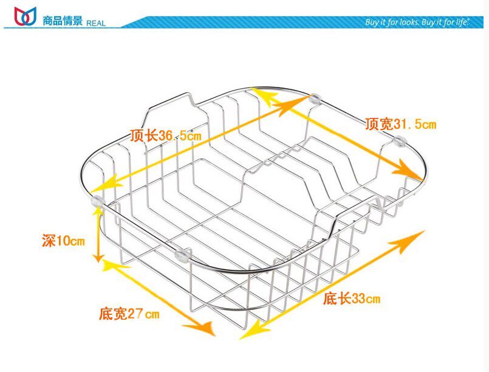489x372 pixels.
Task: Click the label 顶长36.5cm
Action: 165,136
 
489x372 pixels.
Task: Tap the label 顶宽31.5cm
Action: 400,125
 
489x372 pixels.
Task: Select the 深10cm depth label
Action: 63,240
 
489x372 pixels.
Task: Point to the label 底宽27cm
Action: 129,314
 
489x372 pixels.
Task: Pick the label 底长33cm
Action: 351,298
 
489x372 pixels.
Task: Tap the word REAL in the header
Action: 96,23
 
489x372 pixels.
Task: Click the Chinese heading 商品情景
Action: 63,21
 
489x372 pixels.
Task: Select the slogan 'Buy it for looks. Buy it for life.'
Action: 417,22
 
